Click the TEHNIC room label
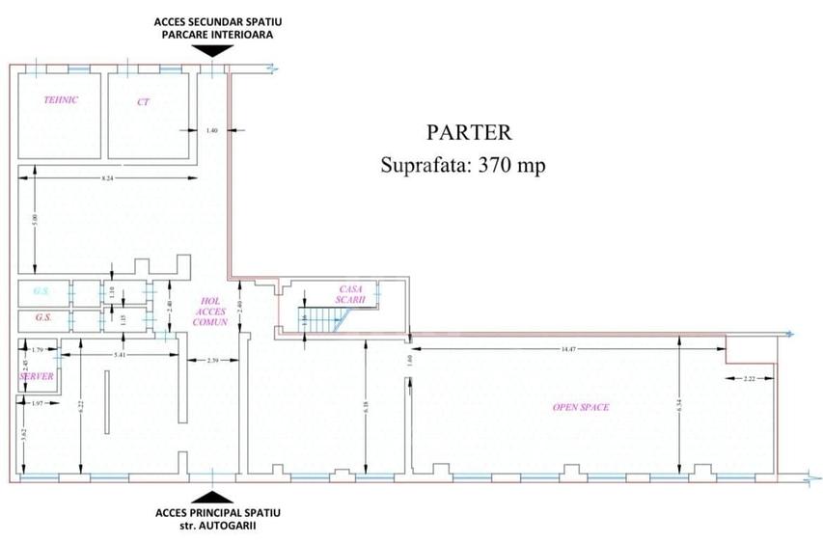click(61, 100)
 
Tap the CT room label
click(143, 100)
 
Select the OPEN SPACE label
click(580, 407)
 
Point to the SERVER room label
click(36, 376)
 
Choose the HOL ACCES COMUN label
click(210, 311)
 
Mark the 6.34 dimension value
click(680, 408)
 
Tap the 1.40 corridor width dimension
click(213, 130)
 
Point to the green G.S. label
click(41, 291)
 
